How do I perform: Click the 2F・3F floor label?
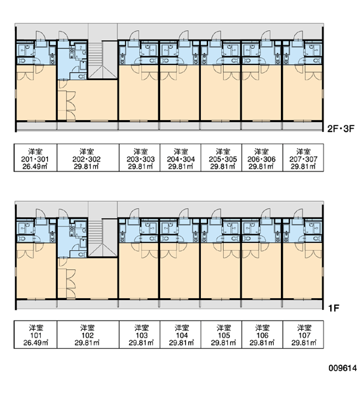pos(341,129)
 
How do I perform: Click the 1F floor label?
pos(334,308)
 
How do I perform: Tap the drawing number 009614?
pos(343,368)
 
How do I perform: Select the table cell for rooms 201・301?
pos(35,158)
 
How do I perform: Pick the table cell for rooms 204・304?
pos(180,158)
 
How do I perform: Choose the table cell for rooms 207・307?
pos(303,158)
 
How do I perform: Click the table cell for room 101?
pos(35,334)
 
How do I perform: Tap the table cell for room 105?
pos(221,334)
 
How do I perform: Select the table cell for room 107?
pos(303,334)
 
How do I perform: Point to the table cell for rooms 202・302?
pos(88,158)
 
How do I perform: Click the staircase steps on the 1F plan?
pos(95,231)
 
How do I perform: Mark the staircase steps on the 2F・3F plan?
pos(95,53)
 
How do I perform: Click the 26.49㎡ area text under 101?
pos(35,343)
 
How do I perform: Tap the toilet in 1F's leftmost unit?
pos(22,239)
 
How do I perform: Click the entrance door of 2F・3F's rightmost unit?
pos(299,35)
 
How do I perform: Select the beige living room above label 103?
pos(138,271)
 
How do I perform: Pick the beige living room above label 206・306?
pos(261,93)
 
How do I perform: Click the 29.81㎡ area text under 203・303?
pos(140,166)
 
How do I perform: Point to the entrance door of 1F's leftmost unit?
pos(40,213)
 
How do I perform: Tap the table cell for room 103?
pos(139,334)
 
